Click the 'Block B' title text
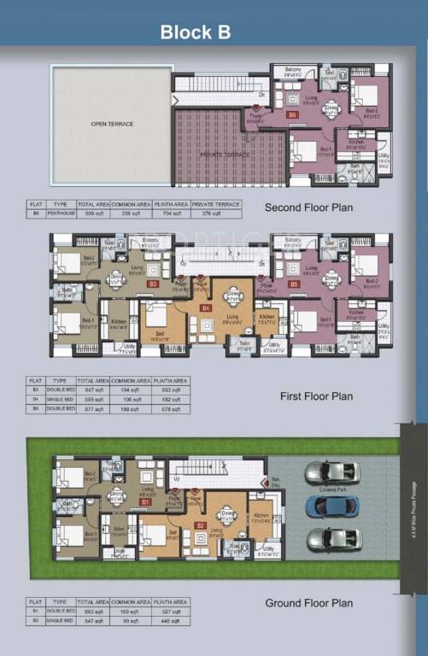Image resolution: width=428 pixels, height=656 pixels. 195,32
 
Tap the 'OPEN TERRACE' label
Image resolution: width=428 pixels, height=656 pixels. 112,125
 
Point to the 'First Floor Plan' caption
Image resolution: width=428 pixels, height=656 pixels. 316,396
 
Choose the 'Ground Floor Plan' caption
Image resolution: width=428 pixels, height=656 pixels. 308,603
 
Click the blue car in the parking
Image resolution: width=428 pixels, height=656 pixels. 331,506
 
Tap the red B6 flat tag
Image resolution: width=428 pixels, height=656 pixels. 292,114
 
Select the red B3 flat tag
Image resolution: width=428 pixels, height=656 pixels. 153,284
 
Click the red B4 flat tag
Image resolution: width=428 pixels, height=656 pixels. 205,307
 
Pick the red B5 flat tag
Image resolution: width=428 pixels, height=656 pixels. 293,284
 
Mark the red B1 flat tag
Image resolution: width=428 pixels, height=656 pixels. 145,503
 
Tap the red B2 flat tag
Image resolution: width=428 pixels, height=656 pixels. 200,524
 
